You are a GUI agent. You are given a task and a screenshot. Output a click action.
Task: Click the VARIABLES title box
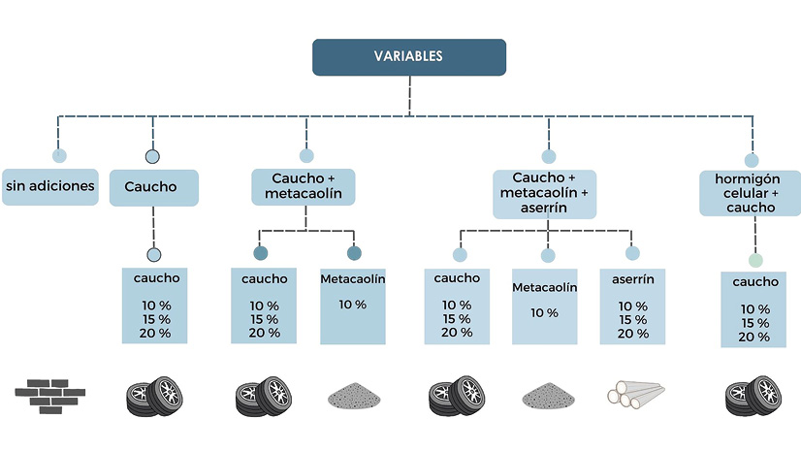click(x=408, y=57)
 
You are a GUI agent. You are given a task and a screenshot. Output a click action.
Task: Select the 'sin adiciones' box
click(x=49, y=185)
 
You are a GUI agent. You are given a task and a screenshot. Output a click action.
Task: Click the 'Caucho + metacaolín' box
click(x=304, y=186)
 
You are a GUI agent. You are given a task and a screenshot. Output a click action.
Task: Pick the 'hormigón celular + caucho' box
click(x=750, y=193)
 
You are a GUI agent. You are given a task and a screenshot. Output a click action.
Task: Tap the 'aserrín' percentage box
click(x=632, y=306)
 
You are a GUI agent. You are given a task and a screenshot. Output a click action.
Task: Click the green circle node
click(x=755, y=260)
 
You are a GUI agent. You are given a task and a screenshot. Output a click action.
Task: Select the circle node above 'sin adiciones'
click(x=59, y=155)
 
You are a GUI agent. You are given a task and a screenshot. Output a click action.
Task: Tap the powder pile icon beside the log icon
click(x=548, y=396)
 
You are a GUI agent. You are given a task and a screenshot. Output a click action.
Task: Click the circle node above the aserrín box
click(x=632, y=253)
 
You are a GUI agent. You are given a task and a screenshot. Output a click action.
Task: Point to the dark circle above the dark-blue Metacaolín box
click(x=354, y=254)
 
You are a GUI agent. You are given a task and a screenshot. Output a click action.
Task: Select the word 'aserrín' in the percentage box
click(x=632, y=278)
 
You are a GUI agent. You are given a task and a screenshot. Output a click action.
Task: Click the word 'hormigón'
click(x=749, y=178)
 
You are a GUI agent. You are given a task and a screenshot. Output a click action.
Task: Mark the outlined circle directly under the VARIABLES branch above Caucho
click(x=152, y=156)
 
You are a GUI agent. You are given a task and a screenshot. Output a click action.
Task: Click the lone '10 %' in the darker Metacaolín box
click(x=353, y=305)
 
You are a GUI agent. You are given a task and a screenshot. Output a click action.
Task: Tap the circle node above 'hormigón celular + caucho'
click(x=751, y=160)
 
